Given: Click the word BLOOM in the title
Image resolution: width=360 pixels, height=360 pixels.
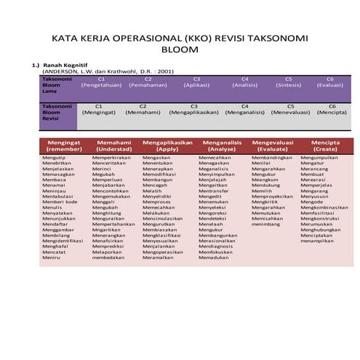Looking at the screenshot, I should (180, 52).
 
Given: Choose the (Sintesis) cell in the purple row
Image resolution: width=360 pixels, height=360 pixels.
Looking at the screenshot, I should (289, 85).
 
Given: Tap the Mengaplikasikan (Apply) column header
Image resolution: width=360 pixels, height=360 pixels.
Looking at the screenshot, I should (167, 145).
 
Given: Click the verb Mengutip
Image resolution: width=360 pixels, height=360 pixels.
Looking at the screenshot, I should (54, 158).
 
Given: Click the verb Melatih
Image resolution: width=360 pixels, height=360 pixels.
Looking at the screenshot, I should (152, 191).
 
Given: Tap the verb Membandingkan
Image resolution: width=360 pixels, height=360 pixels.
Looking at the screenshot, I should (272, 158).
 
